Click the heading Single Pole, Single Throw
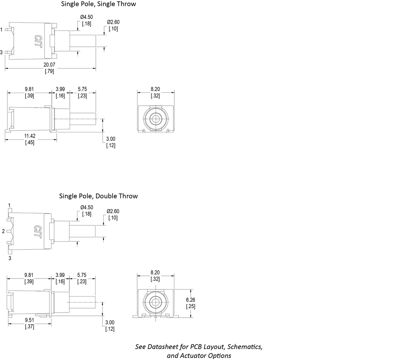click(98, 4)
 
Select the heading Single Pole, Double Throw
click(98, 196)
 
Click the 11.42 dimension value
click(29, 136)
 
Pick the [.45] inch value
click(29, 142)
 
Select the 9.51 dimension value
click(29, 320)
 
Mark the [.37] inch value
click(29, 326)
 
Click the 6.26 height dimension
click(191, 300)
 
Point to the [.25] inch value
click(191, 306)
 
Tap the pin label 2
click(3, 231)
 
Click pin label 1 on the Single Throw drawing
click(2, 29)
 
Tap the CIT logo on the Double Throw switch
click(38, 231)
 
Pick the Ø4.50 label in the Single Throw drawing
click(86, 17)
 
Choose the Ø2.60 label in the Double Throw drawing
click(113, 211)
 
